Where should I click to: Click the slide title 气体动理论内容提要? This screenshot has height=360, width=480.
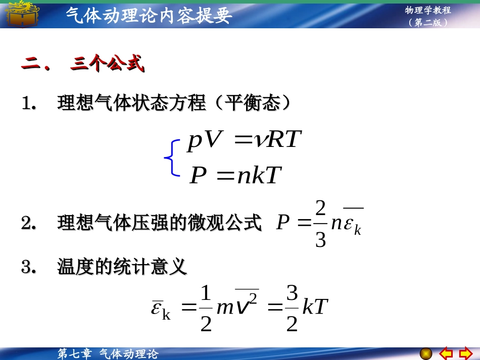[x=149, y=15]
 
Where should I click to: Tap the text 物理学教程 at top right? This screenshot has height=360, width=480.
[x=427, y=10]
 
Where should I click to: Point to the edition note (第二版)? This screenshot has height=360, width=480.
[x=428, y=23]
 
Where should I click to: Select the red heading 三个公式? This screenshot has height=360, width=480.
[x=107, y=65]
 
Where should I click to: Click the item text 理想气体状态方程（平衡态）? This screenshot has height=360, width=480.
[x=174, y=104]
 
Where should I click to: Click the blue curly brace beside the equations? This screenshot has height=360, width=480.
[x=172, y=158]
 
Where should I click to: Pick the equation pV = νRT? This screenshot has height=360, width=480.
[x=245, y=140]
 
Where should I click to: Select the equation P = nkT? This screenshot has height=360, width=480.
[x=235, y=176]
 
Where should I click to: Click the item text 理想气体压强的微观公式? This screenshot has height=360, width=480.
[x=160, y=223]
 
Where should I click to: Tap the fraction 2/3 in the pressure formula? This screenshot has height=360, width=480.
[x=320, y=224]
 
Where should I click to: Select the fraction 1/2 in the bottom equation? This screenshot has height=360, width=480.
[x=206, y=308]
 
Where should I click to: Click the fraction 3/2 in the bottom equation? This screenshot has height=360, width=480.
[x=292, y=308]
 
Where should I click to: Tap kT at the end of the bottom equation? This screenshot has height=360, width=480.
[x=315, y=307]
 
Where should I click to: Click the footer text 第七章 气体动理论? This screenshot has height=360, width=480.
[x=108, y=354]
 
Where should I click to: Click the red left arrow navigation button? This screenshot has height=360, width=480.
[x=445, y=352]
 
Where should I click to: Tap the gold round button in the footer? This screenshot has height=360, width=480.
[x=426, y=352]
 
